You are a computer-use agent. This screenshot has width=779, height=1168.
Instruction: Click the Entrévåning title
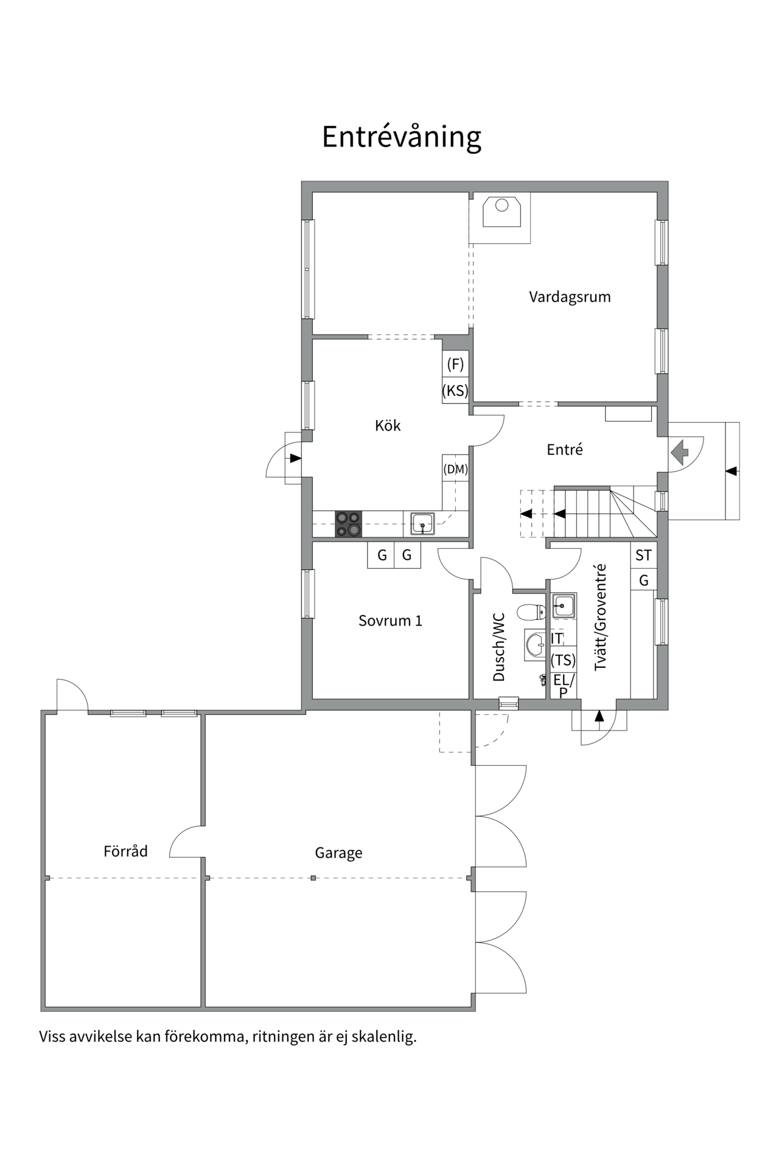401,137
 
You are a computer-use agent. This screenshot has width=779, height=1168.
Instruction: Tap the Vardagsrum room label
569,297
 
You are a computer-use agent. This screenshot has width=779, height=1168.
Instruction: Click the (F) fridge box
455,364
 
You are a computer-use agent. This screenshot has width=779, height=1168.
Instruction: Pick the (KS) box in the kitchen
455,391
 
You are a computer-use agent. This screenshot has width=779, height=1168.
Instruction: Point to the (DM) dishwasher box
455,469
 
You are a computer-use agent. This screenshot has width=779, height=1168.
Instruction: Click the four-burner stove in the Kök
348,524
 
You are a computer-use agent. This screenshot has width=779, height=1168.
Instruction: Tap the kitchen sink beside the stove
422,524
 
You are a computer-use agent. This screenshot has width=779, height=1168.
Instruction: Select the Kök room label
388,425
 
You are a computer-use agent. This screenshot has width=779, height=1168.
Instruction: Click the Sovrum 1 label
390,620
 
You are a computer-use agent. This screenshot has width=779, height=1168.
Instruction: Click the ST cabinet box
643,555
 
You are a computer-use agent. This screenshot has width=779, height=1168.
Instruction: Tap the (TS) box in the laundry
563,660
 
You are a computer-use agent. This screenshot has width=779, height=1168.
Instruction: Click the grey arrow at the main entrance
680,452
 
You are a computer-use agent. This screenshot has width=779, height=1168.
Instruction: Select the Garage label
338,853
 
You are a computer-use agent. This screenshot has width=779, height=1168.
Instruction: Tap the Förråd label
125,851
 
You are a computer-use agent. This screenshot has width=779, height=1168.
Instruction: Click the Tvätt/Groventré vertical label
601,617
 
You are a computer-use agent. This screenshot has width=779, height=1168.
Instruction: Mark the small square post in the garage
313,878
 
